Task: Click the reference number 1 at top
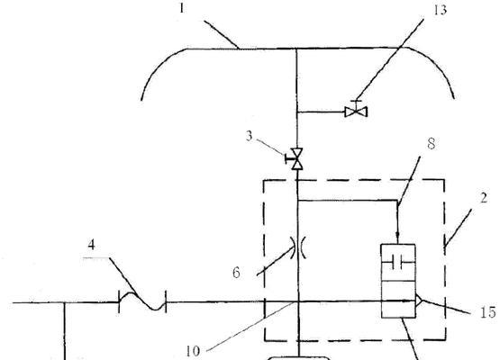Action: click(182, 8)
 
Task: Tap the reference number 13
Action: click(440, 10)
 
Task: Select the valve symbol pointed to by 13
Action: click(356, 112)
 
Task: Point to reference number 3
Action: click(249, 136)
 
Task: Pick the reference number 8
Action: click(432, 144)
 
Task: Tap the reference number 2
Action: click(484, 198)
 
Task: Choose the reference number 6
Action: click(236, 273)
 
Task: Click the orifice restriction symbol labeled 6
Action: click(298, 247)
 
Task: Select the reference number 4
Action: click(92, 245)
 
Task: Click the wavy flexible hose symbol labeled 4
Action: click(142, 301)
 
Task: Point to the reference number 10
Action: click(193, 351)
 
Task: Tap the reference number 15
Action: click(488, 312)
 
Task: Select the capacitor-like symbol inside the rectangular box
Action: click(398, 263)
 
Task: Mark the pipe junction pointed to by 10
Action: click(298, 301)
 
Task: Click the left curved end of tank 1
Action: click(159, 67)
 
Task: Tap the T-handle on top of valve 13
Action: click(356, 101)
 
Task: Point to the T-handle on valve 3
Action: click(287, 158)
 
